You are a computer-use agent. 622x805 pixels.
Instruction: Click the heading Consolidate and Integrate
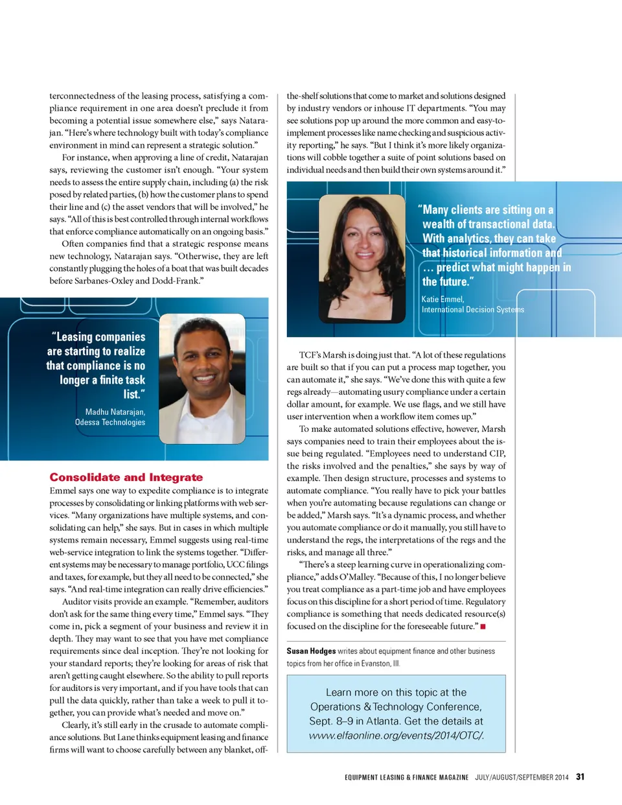tap(126, 477)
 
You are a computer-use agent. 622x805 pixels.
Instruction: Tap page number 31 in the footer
tap(580, 776)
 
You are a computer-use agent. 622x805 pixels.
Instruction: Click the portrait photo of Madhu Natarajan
tap(202, 379)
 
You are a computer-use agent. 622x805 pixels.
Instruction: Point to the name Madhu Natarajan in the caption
tap(115, 412)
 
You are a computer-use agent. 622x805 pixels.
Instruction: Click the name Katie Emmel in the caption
tap(443, 299)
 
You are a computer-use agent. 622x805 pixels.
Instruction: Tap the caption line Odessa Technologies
tap(110, 422)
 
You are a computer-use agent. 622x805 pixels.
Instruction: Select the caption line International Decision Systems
tap(473, 309)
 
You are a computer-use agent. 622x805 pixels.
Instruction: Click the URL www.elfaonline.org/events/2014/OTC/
tap(397, 735)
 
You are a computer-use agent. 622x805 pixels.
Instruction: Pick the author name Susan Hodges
tap(311, 651)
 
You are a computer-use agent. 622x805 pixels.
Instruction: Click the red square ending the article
tap(483, 626)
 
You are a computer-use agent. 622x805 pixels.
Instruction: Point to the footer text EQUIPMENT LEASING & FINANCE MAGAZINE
tap(406, 777)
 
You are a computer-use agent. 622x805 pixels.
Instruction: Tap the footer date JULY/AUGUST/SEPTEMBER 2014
tap(522, 777)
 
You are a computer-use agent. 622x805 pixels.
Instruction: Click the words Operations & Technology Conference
tap(396, 706)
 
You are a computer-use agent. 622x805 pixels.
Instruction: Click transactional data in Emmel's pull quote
tap(510, 224)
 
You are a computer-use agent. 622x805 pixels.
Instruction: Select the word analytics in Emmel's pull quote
tap(468, 239)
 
